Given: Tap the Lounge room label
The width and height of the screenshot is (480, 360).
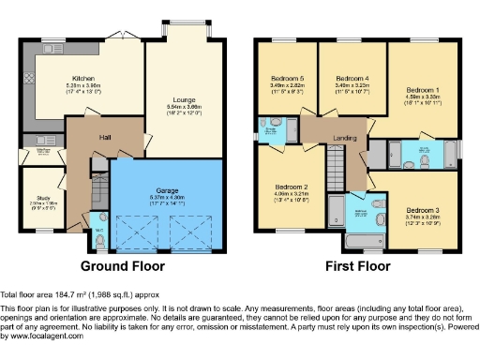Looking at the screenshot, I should pyautogui.click(x=183, y=98).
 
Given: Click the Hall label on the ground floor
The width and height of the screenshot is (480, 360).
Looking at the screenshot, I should pyautogui.click(x=107, y=137).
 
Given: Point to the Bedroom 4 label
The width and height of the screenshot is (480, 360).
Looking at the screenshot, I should pyautogui.click(x=352, y=78).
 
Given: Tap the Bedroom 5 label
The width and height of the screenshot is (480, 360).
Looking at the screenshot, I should pyautogui.click(x=288, y=78).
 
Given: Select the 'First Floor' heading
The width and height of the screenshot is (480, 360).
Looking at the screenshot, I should pyautogui.click(x=357, y=267).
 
